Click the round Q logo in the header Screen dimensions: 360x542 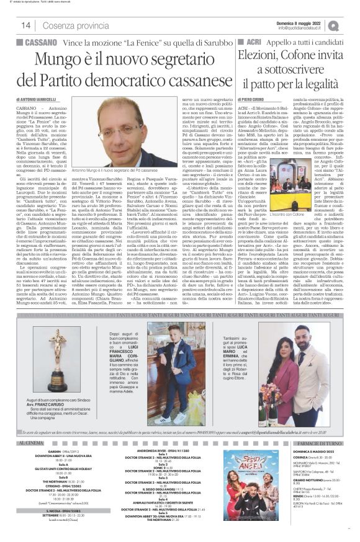pyautogui.click(x=351, y=25)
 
